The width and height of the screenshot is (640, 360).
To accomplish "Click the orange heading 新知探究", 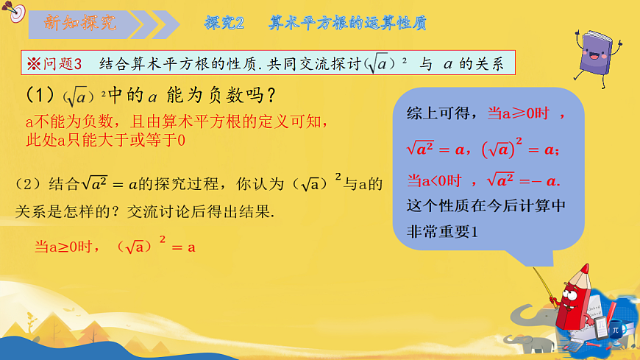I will [80, 23].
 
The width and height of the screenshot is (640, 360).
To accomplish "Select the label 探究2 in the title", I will [224, 23].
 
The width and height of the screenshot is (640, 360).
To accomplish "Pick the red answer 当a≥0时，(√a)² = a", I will [115, 247].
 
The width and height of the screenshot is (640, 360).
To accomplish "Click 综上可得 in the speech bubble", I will [439, 114].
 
